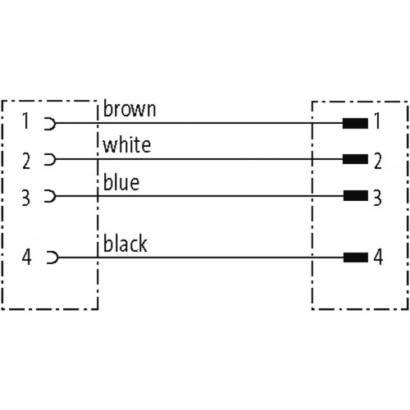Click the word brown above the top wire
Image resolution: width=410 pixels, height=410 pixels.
130,109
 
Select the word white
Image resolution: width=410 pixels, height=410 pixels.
127,144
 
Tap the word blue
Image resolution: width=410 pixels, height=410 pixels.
121,182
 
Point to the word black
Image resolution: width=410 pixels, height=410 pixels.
125,244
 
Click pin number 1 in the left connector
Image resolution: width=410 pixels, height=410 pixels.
25,121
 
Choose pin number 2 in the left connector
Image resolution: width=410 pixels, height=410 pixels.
26,161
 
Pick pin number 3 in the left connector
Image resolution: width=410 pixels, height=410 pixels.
26,198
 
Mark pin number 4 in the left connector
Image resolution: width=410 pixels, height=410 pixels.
26,257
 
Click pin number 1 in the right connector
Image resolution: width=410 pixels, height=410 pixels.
377,121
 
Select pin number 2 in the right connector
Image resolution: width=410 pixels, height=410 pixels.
378,161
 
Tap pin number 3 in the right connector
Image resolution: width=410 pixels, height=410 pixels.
378,198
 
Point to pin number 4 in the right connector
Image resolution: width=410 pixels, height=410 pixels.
378,257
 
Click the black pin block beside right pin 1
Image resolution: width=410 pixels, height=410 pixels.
355,123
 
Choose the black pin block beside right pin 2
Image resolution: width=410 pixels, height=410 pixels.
355,159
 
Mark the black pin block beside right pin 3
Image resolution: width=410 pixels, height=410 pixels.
356,196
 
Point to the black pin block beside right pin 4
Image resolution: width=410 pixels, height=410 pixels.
356,257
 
